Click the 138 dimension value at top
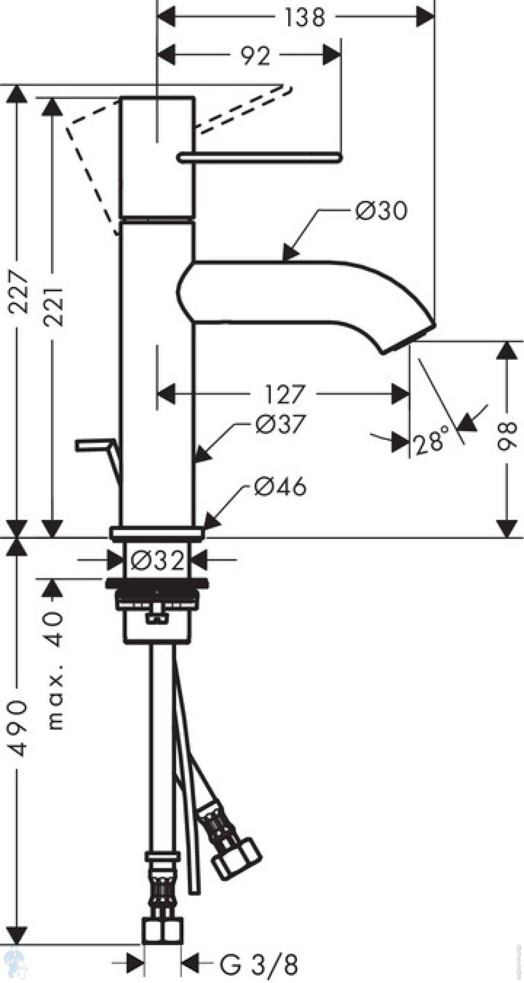[x=305, y=17]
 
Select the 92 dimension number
[x=255, y=56]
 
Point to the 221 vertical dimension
[x=53, y=306]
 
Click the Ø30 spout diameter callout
[x=381, y=211]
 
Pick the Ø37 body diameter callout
[x=281, y=424]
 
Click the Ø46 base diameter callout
[x=280, y=486]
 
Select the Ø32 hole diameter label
[x=158, y=560]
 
